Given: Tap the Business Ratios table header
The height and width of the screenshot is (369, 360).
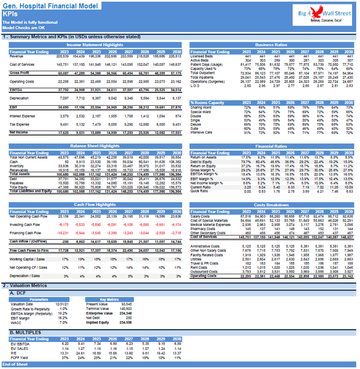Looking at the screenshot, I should [271, 45].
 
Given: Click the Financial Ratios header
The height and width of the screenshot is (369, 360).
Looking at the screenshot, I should [271, 145].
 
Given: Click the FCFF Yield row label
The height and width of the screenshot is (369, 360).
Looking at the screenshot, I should [18, 357].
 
